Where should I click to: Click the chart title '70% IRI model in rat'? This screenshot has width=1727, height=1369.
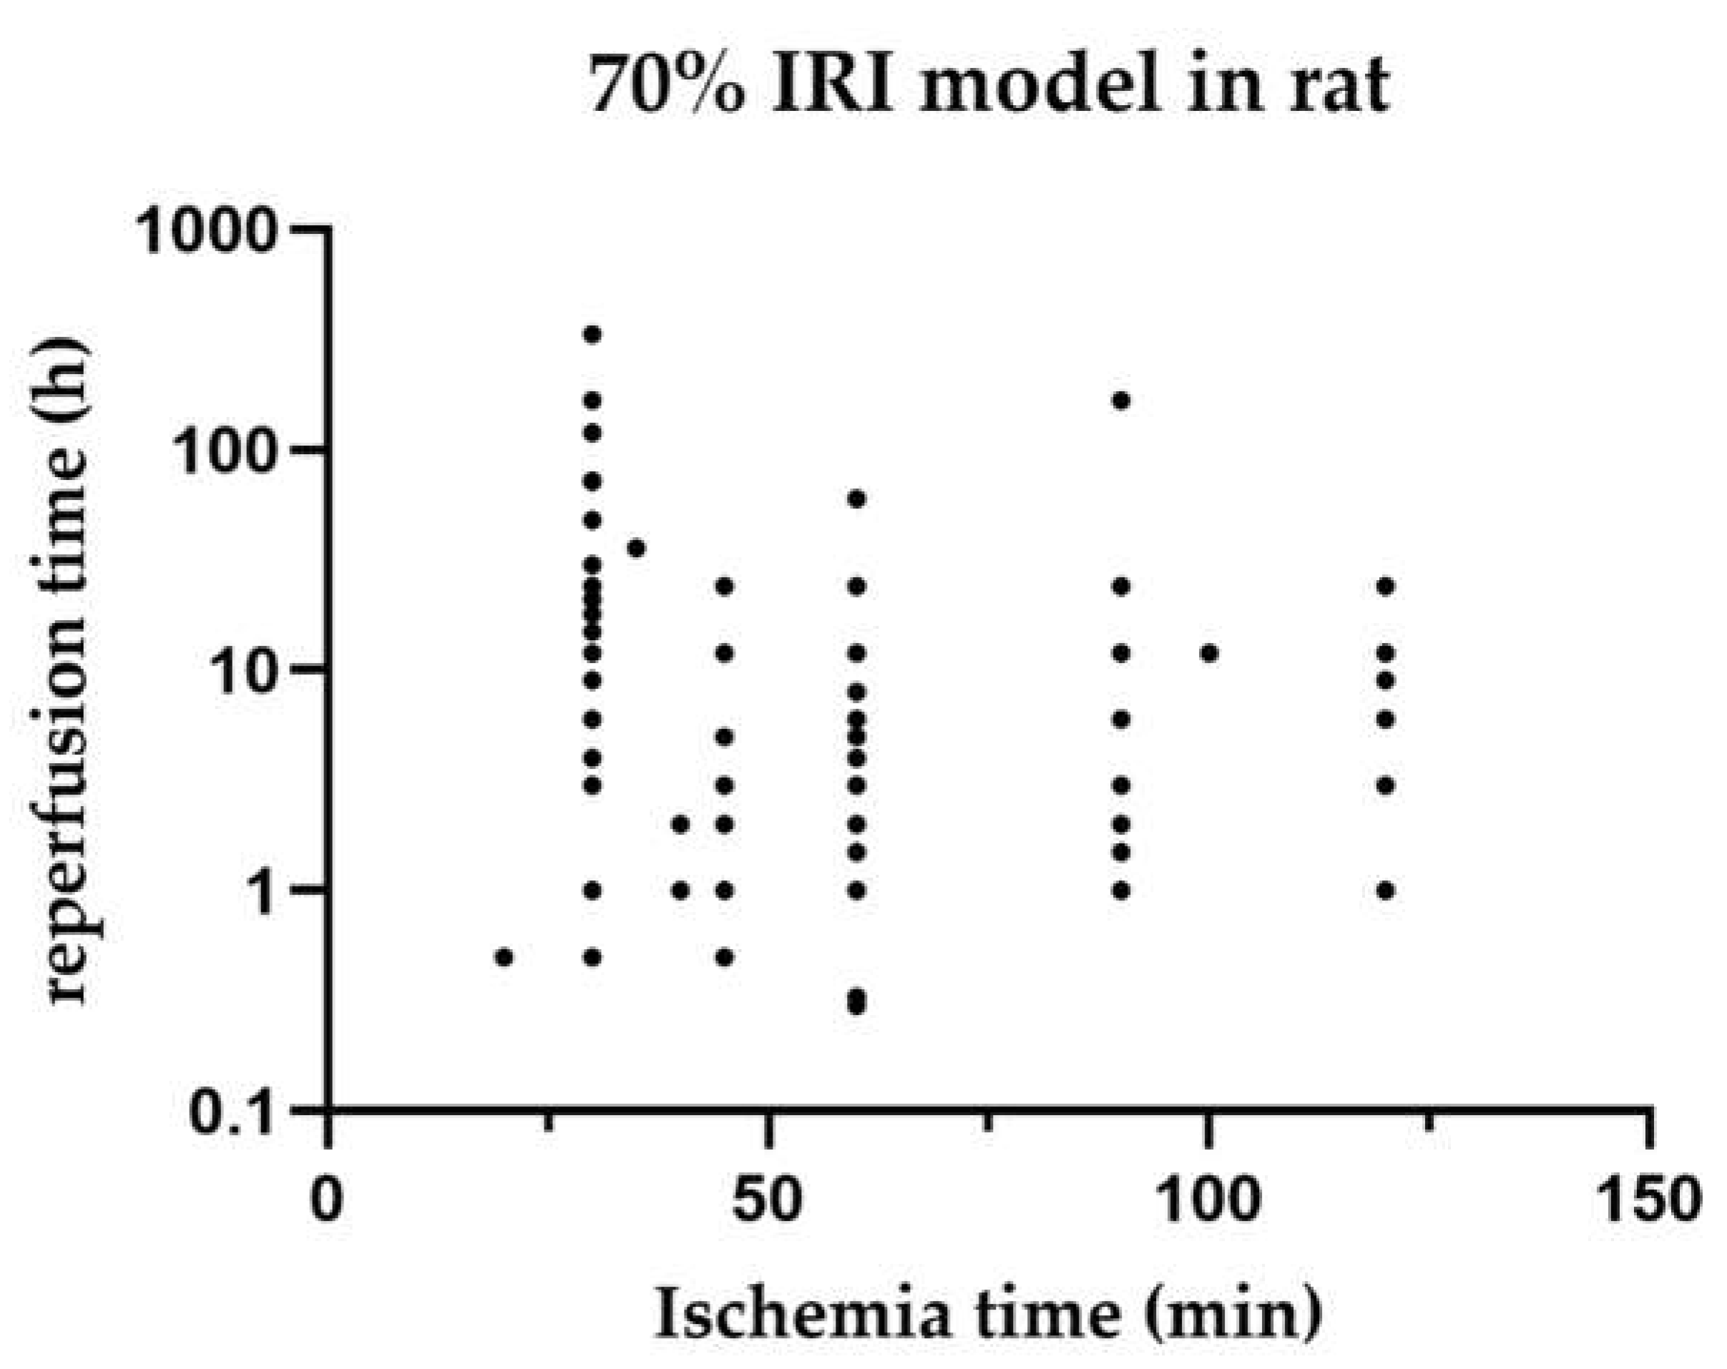point(989,86)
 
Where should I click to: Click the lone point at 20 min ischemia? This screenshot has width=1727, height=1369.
point(504,957)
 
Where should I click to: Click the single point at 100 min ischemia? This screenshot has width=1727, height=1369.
point(1210,654)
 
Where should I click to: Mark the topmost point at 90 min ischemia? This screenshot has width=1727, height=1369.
point(1122,401)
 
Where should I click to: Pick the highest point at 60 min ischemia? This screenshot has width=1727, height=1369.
point(857,499)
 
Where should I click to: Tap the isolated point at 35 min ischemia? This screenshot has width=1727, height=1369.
point(637,549)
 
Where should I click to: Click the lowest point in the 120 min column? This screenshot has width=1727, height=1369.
point(1386,890)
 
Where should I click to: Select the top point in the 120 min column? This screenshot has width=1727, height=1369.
point(1386,587)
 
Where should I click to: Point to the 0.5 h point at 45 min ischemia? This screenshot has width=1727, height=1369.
point(725,957)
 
